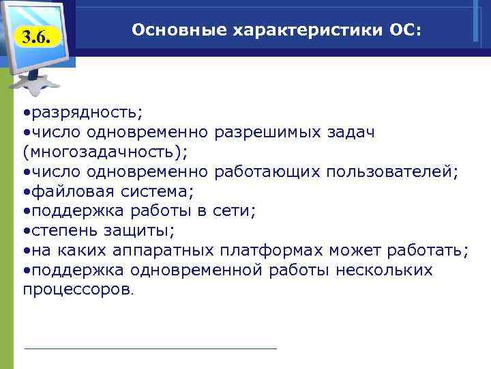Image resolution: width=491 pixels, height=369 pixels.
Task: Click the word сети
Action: (235, 210)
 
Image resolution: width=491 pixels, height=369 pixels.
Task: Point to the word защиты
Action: (143, 230)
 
